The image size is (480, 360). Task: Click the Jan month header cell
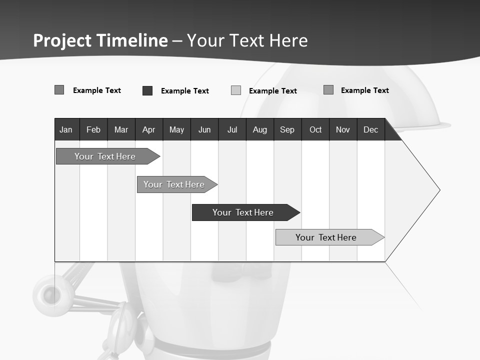pos(66,130)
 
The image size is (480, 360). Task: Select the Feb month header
pos(93,130)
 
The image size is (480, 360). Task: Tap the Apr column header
pos(148,130)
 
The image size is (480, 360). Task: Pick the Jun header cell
pos(204,130)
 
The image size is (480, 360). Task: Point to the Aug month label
pos(259,130)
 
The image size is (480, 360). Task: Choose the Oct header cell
pos(315,130)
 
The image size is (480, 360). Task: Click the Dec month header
pos(370,130)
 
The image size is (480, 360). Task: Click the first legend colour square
pos(59,90)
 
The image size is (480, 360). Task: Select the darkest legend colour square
pos(147,90)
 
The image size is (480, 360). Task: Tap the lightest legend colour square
pos(236,90)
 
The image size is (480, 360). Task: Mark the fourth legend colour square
pos(328,90)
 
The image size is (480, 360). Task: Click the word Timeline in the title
pos(131,40)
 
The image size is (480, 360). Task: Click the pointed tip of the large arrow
pos(439,190)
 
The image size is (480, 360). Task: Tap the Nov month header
pos(343,130)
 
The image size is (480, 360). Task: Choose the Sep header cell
pos(287,130)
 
